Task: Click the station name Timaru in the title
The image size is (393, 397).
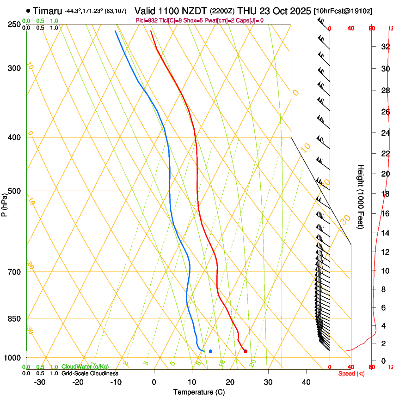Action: point(48,10)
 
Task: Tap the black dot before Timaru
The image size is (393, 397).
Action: point(29,10)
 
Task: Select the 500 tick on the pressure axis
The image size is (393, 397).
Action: point(16,191)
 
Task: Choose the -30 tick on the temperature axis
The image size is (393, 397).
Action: point(40,382)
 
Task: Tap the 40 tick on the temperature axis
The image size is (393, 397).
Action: point(306,382)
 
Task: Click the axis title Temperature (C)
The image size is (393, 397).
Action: point(199,392)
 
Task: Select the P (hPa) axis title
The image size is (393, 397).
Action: point(5,204)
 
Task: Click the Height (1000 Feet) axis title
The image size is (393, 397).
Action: point(361,196)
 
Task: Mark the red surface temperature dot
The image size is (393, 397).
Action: point(246,351)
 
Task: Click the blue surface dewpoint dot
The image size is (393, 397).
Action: point(210,351)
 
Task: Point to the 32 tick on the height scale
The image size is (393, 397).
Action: point(385,47)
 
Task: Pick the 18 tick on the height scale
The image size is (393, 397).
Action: point(385,193)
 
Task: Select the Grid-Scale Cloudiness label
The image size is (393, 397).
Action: point(90,373)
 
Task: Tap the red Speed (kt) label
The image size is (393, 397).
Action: point(351,373)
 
